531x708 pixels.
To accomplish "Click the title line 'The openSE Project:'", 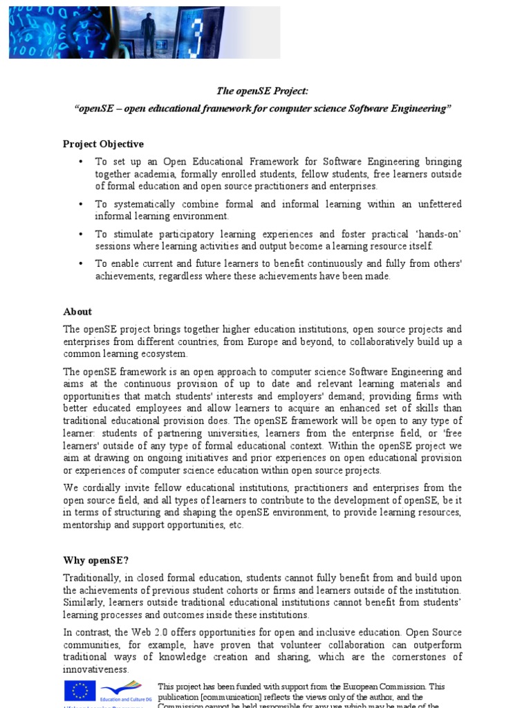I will coord(262,91).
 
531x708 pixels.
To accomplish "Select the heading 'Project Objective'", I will coord(103,144).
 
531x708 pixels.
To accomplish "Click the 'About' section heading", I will coord(77,311).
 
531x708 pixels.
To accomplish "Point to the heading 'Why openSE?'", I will coord(96,560).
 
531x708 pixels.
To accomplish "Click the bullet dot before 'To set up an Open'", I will coord(80,162).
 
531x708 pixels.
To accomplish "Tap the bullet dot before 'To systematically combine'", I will coord(80,205).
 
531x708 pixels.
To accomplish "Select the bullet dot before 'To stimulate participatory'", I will coord(80,234).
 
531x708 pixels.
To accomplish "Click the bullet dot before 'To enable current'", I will coord(80,264).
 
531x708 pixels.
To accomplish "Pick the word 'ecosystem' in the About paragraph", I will coord(164,354).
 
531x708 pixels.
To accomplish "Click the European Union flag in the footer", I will coord(80,691).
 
